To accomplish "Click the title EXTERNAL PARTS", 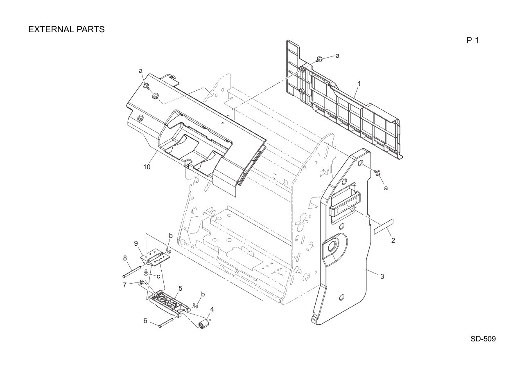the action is (66, 29).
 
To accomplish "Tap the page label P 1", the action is (472, 40).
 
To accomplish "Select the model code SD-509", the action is (483, 339).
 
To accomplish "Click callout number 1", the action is (359, 83).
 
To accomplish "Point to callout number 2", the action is (393, 240).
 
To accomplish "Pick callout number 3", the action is (382, 276).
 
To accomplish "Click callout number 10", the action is (147, 167).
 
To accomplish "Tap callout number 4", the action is (212, 309).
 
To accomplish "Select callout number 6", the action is (145, 321).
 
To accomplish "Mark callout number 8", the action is (125, 258).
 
